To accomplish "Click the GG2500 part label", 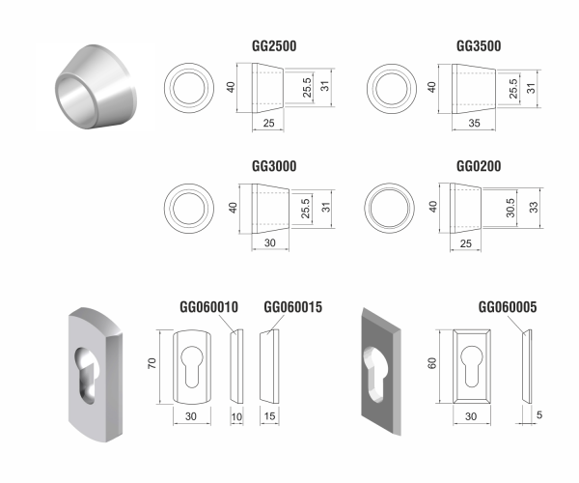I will tap(273, 46).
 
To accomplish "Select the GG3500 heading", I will tap(478, 46).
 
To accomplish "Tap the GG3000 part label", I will tap(273, 166).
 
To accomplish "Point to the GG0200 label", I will tap(478, 166).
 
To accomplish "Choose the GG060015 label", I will tap(292, 308).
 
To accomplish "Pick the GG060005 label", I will tap(508, 308).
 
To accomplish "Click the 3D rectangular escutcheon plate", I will tap(385, 377).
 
